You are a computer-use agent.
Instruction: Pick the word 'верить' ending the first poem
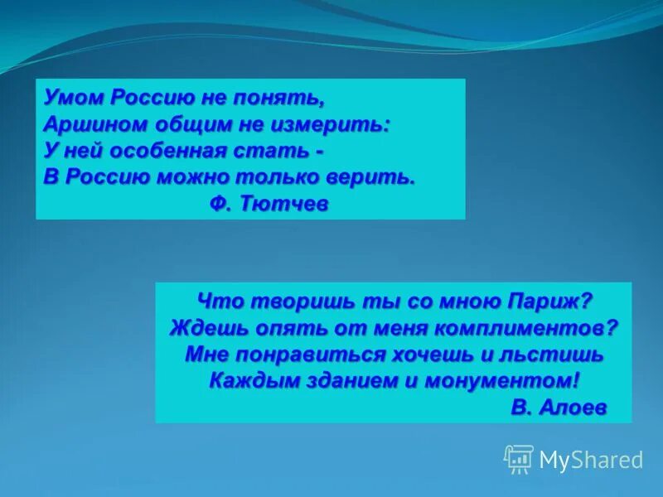click(x=373, y=178)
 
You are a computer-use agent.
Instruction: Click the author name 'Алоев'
click(x=573, y=407)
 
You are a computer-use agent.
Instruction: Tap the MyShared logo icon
click(x=519, y=459)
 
